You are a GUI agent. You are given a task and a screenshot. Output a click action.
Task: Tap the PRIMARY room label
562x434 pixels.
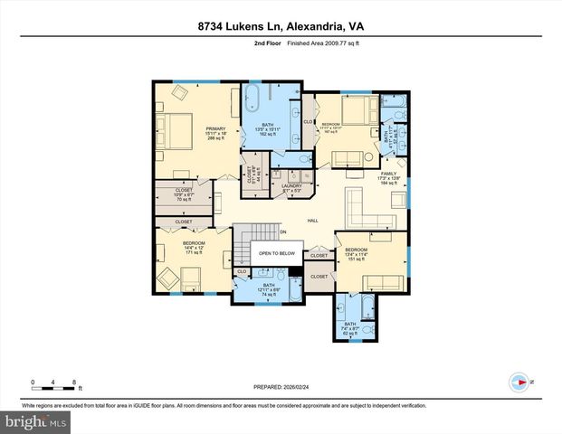(214, 132)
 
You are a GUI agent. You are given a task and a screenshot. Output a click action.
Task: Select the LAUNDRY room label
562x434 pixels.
(291, 187)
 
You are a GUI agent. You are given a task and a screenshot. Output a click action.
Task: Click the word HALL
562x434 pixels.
(311, 220)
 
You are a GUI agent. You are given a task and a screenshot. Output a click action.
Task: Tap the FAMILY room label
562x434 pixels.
(388, 175)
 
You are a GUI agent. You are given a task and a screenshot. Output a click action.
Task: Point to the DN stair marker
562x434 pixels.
(282, 231)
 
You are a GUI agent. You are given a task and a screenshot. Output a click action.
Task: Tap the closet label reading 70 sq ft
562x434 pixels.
(184, 194)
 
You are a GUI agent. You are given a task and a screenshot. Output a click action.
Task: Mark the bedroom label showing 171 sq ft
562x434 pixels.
(194, 248)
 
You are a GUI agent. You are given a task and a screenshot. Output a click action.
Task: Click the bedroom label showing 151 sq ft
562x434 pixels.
(356, 253)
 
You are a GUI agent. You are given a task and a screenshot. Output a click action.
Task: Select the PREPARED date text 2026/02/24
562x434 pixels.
(280, 386)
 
